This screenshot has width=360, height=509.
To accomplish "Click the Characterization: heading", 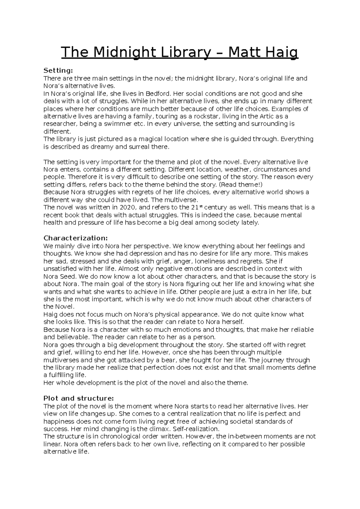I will (x=76, y=238).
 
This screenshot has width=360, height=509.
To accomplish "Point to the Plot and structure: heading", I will (x=79, y=399).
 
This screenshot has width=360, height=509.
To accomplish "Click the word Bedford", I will (x=159, y=94).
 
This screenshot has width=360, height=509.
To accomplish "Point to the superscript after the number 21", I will (x=201, y=206).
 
